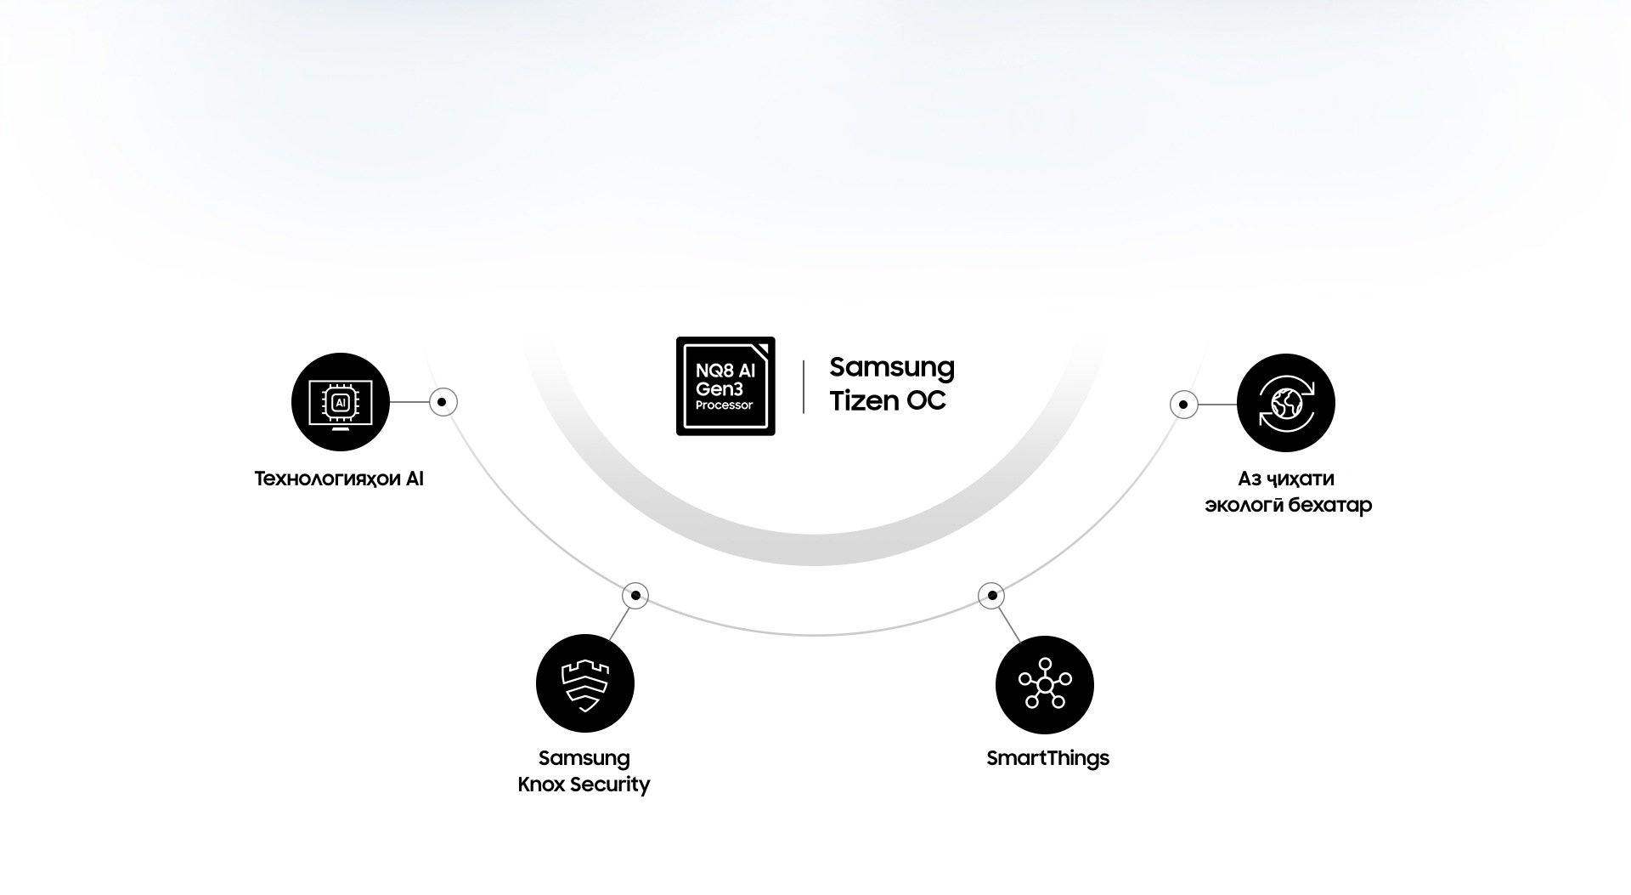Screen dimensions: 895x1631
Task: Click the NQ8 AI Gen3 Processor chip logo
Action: [725, 386]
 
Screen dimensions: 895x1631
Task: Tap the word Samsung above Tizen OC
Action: [891, 367]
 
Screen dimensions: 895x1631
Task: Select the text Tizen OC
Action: [887, 400]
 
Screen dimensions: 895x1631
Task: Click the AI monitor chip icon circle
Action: [340, 402]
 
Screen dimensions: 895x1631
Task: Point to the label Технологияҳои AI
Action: [338, 479]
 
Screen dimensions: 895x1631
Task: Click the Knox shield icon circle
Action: [584, 683]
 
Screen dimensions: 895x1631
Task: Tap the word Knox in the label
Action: [541, 785]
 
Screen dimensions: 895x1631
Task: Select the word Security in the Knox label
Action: [610, 785]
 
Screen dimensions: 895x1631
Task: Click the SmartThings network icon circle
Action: [1044, 684]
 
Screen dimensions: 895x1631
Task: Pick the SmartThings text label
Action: [1047, 758]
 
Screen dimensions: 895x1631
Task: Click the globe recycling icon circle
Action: [1285, 403]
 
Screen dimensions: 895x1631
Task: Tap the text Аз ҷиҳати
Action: [1285, 479]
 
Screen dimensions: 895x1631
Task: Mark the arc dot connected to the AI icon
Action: [443, 402]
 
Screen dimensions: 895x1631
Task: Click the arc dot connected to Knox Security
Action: [635, 595]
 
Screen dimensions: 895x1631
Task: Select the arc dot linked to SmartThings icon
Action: [991, 595]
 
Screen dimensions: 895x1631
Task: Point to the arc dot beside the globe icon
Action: [1183, 405]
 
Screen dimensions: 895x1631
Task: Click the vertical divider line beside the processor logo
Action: [804, 387]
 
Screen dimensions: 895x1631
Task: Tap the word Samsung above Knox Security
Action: [584, 758]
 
